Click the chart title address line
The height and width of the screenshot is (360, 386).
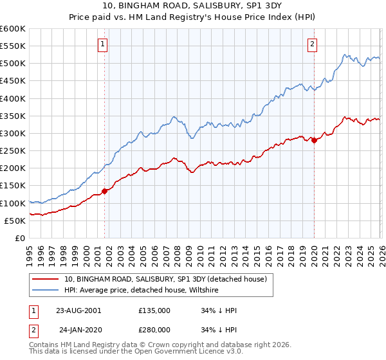tap(193, 6)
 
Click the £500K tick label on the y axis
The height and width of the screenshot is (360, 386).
tap(13, 64)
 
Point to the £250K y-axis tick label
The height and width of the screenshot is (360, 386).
tap(13, 151)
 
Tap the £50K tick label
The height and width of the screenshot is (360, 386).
tap(15, 221)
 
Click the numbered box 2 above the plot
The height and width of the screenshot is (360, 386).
tap(312, 44)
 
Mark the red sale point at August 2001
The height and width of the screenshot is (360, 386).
tap(104, 191)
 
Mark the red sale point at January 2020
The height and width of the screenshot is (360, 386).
tap(314, 140)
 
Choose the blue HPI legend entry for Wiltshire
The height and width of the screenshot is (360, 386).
tap(142, 290)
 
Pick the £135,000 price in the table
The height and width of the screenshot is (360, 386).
tap(154, 310)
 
